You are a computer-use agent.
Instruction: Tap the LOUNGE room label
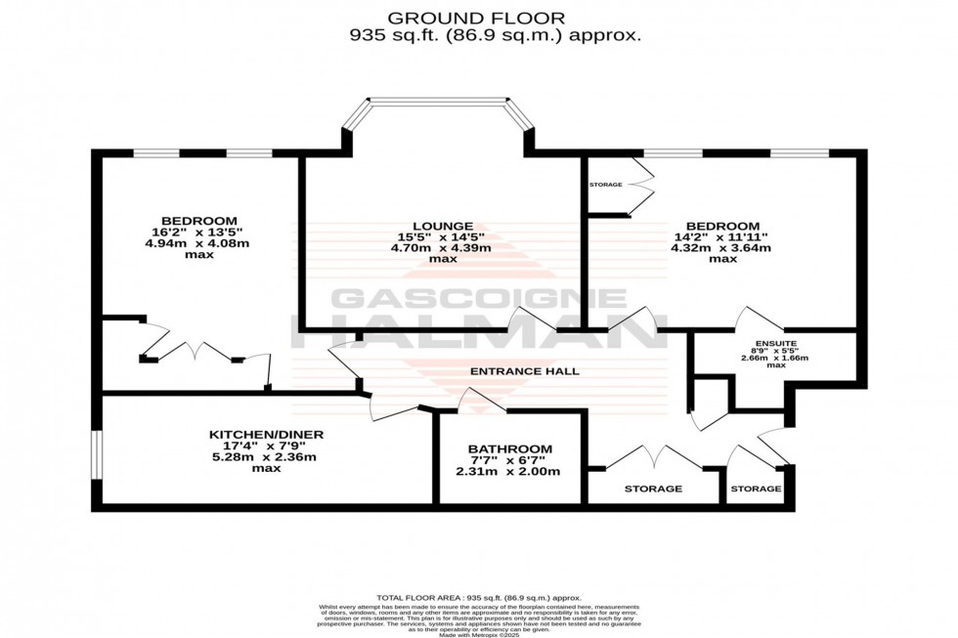click(x=443, y=225)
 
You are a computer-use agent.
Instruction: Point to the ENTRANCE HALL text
click(x=525, y=371)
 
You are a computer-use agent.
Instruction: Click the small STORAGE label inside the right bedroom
click(x=605, y=185)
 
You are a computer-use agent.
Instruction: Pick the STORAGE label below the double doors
click(x=653, y=489)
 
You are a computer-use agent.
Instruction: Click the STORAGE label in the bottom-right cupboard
click(x=757, y=489)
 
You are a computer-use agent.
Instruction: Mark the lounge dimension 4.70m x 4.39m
click(x=443, y=248)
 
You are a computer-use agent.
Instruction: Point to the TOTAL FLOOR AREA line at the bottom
click(x=479, y=597)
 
